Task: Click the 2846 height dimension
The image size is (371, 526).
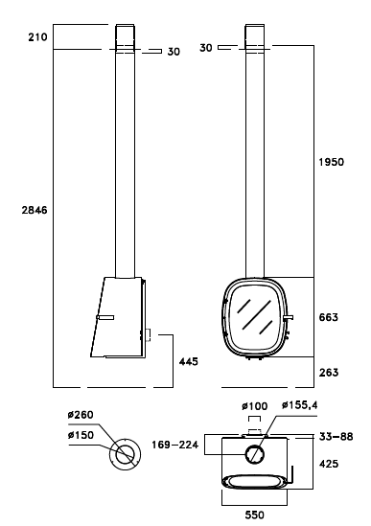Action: coord(35,211)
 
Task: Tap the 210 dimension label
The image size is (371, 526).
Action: coord(37,37)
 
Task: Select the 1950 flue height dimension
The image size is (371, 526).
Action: coord(332,162)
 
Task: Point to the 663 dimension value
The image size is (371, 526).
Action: coord(329,317)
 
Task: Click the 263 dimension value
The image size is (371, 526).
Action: coord(329,373)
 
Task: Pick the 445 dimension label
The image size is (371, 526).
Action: coord(189,361)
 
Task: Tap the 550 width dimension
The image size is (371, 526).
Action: coord(254,515)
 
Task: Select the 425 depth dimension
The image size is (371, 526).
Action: coord(329,464)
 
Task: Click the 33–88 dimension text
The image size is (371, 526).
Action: coord(336,437)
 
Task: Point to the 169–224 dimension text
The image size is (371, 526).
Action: coord(174,445)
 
